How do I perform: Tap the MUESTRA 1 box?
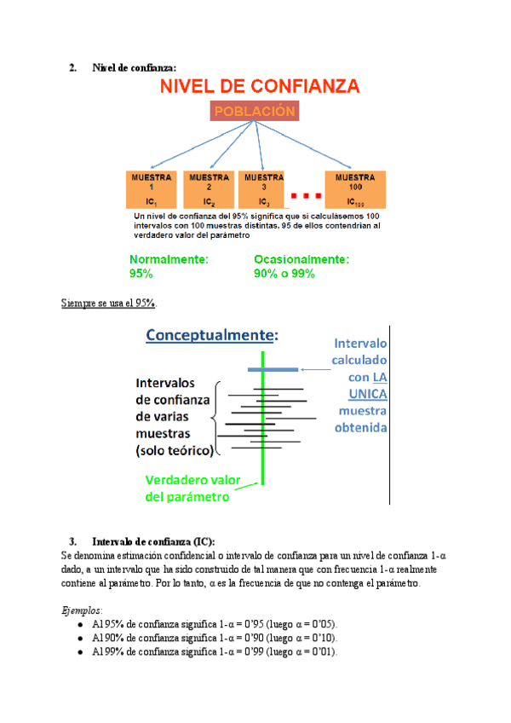coord(151,190)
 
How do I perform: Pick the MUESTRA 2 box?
coord(207,190)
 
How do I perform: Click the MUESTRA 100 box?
coord(356,190)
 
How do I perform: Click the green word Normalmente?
coord(169,259)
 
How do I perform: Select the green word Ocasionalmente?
coord(301,259)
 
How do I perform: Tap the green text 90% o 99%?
coord(284,274)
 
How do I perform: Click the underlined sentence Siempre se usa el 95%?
coord(110,304)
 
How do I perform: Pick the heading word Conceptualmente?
coord(210,335)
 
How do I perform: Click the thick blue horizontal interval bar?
coord(273,369)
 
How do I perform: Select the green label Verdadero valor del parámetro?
coord(187,488)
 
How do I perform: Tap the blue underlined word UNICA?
coord(368,393)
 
